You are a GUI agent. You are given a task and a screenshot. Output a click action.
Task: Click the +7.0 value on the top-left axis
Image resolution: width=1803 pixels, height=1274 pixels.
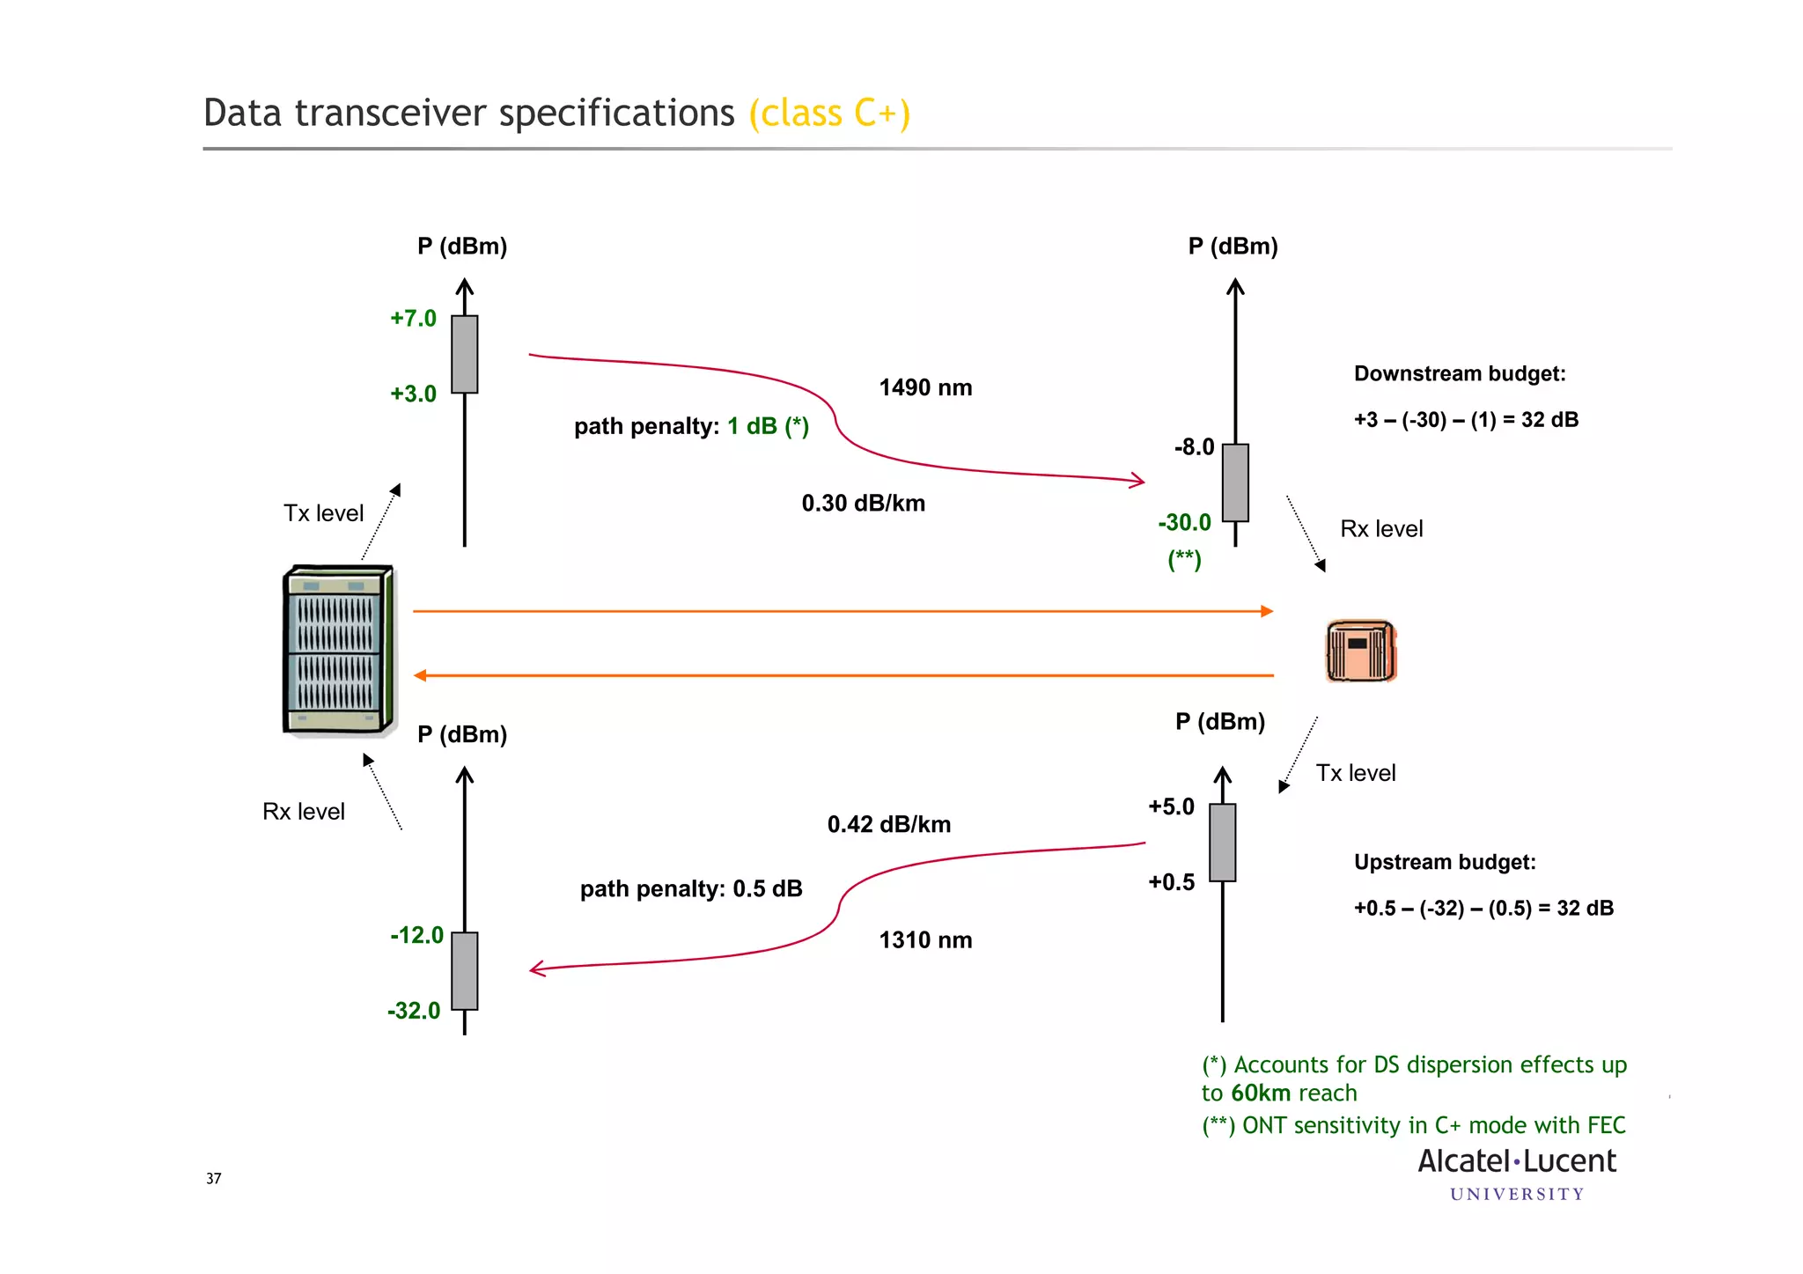(x=413, y=319)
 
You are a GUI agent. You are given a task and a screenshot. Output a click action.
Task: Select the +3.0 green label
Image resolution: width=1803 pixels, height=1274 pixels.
(x=413, y=394)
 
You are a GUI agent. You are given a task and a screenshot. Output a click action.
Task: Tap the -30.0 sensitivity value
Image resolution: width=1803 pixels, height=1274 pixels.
(x=1184, y=523)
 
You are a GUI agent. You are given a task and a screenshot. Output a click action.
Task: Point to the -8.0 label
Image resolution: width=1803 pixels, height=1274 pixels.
(x=1194, y=447)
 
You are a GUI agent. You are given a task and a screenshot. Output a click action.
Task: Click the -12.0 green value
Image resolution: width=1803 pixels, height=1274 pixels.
(x=416, y=935)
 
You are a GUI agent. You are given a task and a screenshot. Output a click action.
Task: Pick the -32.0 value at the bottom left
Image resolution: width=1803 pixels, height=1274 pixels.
(x=414, y=1011)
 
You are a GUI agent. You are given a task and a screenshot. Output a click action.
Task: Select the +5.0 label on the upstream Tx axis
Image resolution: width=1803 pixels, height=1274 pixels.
(x=1171, y=806)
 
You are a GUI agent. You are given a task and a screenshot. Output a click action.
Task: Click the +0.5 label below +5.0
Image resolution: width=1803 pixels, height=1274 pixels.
(x=1171, y=882)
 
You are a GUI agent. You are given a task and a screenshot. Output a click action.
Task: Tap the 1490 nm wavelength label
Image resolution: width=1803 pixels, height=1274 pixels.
(x=925, y=388)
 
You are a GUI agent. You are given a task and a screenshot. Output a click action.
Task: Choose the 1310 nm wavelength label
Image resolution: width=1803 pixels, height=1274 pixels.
(x=925, y=940)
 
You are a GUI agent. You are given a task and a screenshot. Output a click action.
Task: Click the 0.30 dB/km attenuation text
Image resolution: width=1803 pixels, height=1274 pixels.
(x=863, y=504)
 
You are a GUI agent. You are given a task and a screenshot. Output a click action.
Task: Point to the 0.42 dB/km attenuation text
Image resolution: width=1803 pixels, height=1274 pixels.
(x=888, y=825)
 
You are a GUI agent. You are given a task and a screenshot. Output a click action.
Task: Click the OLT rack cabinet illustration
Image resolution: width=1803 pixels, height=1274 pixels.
(x=337, y=650)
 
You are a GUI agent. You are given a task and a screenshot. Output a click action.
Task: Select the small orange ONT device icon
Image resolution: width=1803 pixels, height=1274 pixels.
(x=1360, y=652)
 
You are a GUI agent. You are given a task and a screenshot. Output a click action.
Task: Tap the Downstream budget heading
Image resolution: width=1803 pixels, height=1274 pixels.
(x=1459, y=374)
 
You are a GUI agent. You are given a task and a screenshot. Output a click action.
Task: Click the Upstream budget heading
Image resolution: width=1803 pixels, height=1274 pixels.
(x=1444, y=863)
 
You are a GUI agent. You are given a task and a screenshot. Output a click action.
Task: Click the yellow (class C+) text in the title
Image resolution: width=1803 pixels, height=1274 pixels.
(x=828, y=114)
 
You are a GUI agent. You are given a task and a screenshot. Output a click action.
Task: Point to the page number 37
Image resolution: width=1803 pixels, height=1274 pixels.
(x=213, y=1179)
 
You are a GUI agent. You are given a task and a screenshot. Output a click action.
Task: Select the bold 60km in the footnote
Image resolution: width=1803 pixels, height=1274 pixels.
(x=1261, y=1094)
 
